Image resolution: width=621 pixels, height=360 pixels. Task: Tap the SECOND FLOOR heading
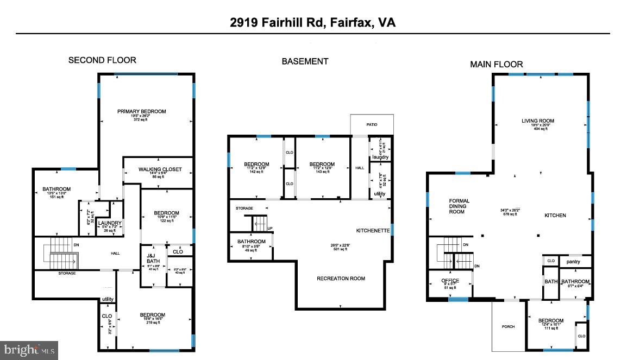(x=102, y=60)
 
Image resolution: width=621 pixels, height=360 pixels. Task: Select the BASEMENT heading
(x=304, y=61)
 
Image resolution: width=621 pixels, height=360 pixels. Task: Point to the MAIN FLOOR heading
(x=496, y=65)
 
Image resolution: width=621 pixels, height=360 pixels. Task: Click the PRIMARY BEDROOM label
(x=141, y=111)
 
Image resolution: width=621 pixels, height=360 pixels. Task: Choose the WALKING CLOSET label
(x=160, y=169)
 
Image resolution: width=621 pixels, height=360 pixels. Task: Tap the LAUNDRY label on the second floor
(x=110, y=223)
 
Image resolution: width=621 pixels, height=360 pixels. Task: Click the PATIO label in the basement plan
(x=372, y=125)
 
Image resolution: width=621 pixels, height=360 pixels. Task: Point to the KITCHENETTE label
(x=373, y=230)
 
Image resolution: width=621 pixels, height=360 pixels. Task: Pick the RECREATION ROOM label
(x=341, y=279)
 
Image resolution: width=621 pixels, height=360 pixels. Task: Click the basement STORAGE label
(x=244, y=208)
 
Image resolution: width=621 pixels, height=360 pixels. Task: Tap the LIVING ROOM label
(x=538, y=121)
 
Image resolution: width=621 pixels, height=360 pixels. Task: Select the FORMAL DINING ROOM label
(x=459, y=206)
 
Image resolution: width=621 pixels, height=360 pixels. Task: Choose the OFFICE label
(x=450, y=281)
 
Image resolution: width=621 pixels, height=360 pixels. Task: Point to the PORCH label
(x=508, y=326)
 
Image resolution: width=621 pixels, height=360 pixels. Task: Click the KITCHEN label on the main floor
(x=555, y=216)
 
